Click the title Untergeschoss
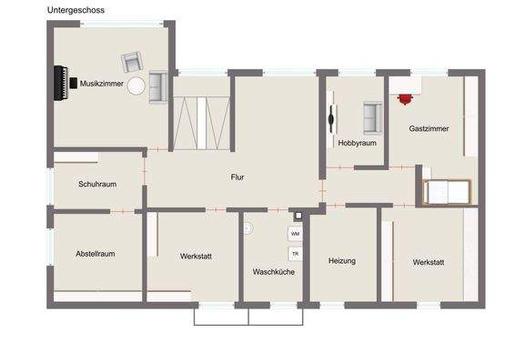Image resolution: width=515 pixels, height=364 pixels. [76, 10]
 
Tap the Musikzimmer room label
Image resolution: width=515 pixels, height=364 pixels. [101, 83]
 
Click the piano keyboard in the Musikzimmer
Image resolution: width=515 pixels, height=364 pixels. [63, 82]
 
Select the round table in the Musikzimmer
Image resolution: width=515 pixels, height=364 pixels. [136, 86]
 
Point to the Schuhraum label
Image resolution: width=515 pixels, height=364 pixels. [96, 183]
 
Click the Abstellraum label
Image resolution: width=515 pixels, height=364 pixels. [95, 254]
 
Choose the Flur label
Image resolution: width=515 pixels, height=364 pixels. [237, 177]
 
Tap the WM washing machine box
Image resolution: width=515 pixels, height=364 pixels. [295, 235]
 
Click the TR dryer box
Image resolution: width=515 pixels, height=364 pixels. [295, 254]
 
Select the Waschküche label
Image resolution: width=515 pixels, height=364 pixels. [273, 272]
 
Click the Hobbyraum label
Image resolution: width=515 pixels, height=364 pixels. [357, 143]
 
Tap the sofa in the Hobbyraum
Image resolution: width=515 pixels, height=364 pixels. [370, 116]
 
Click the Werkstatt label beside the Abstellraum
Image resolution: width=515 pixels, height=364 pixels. [196, 257]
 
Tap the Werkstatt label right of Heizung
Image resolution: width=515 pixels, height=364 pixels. [428, 262]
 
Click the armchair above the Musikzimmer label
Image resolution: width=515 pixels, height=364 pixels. [132, 63]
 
